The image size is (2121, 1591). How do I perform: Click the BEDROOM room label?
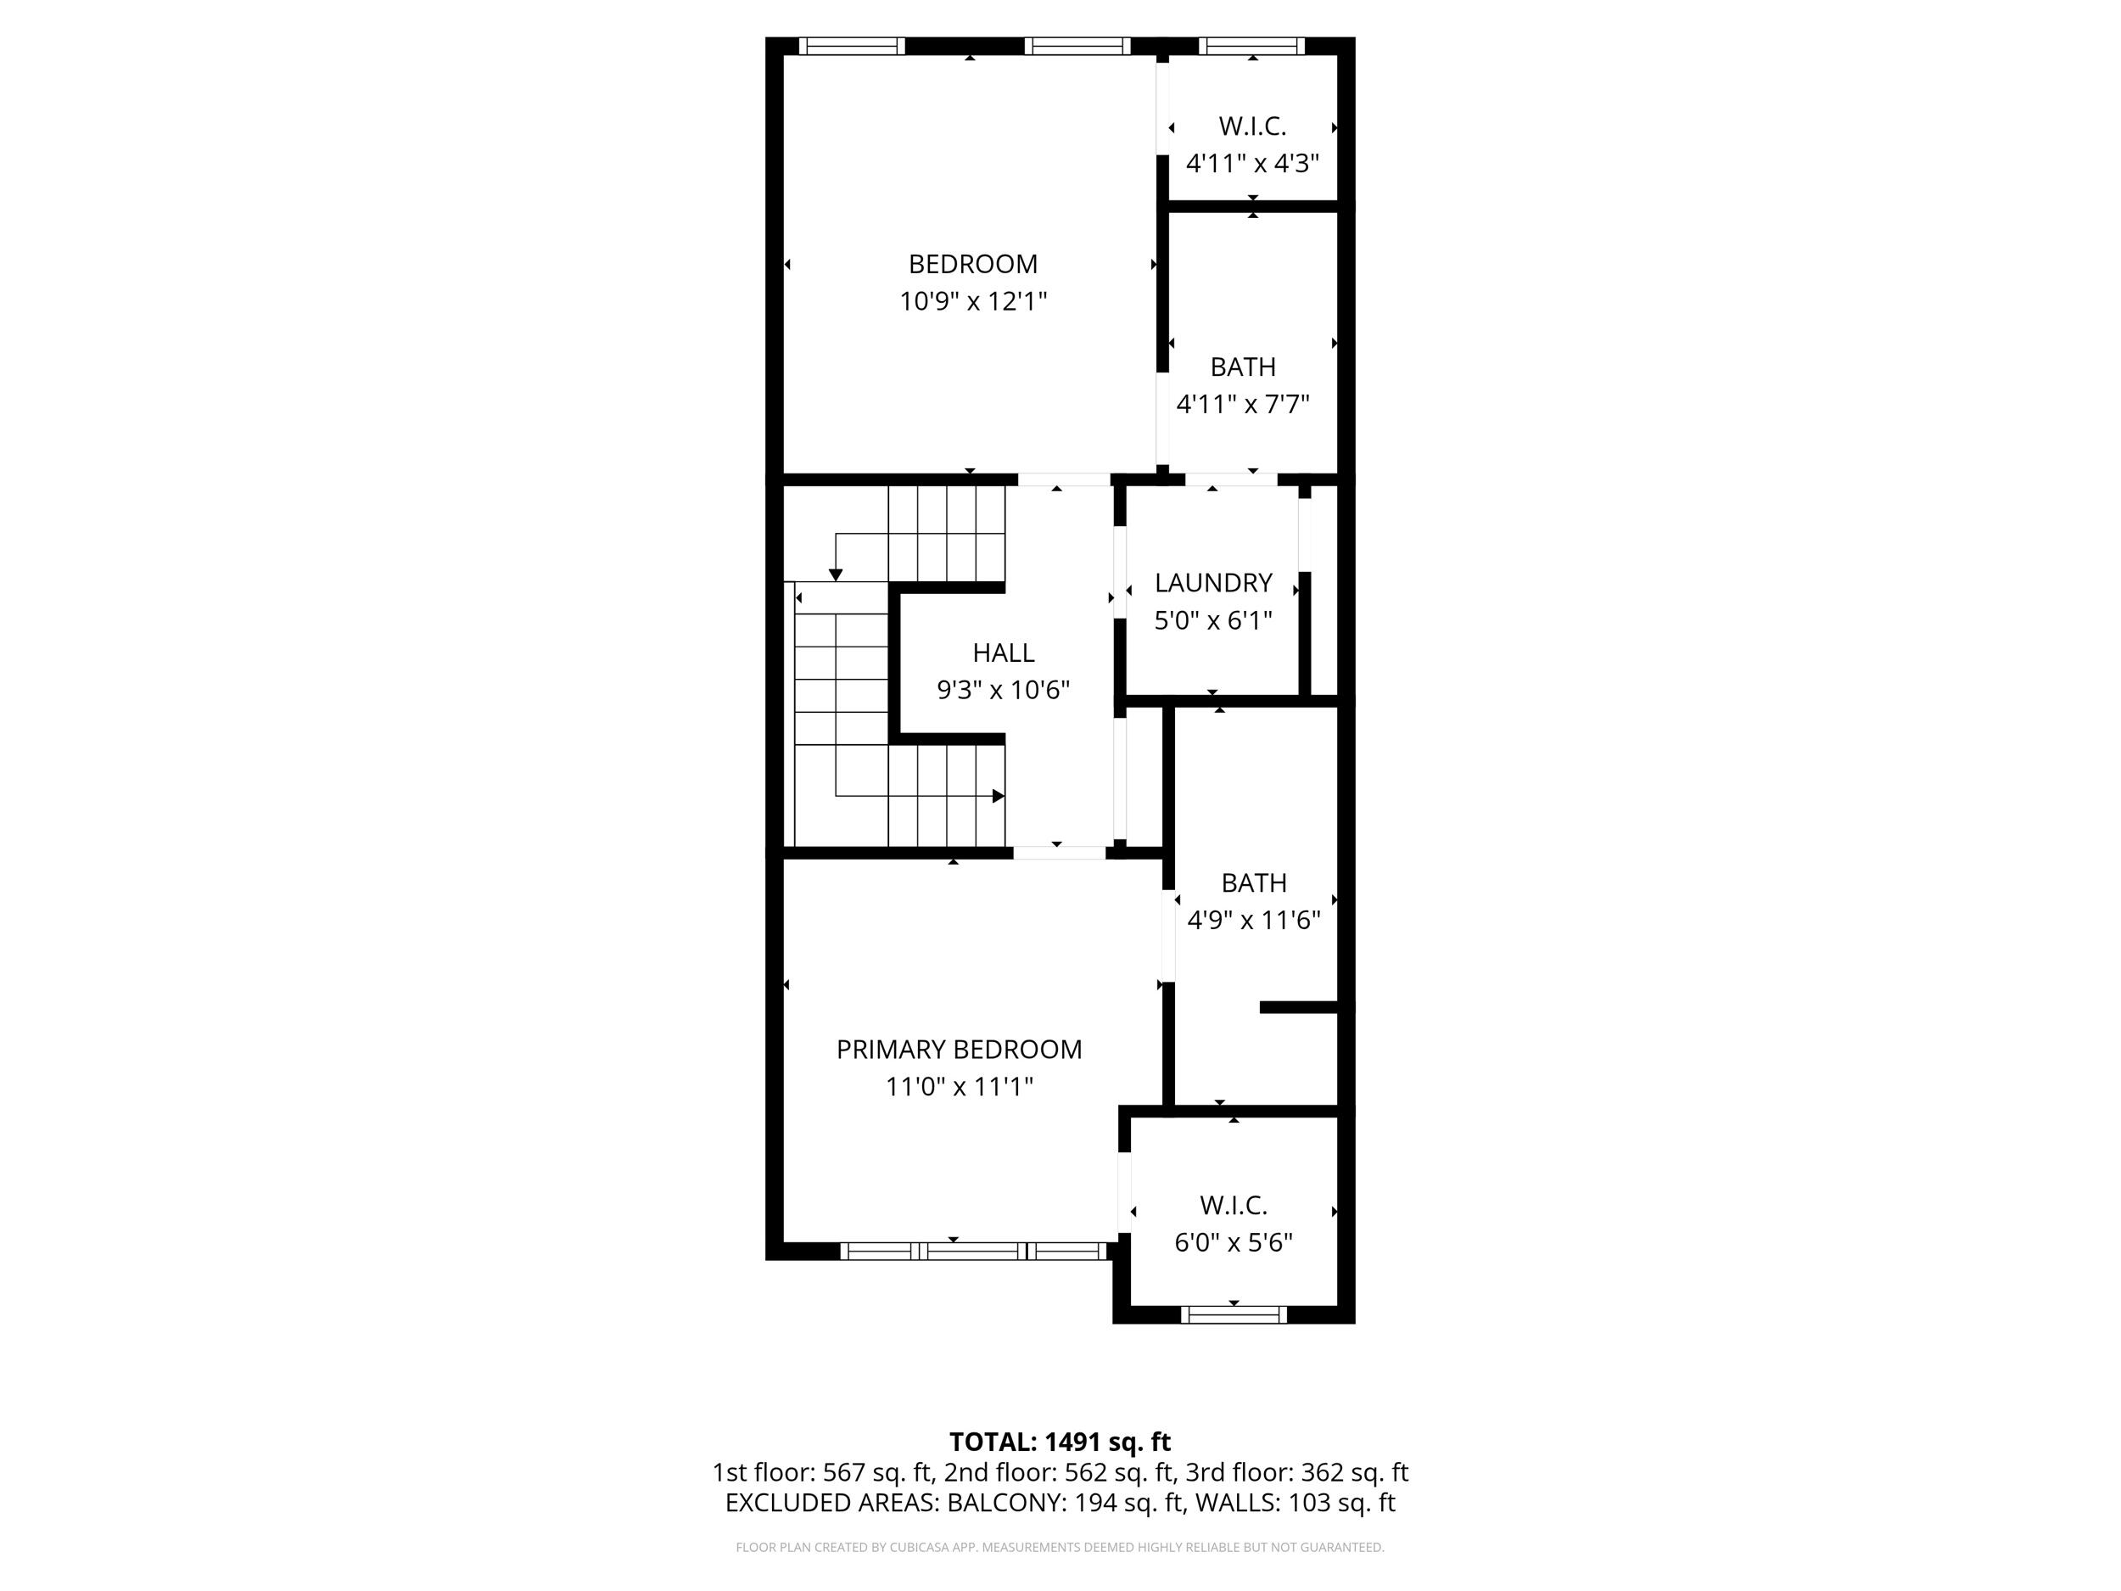click(x=972, y=264)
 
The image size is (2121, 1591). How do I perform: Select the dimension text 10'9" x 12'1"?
click(x=972, y=301)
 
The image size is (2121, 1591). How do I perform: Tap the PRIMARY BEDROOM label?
click(x=959, y=1049)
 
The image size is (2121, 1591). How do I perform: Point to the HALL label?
click(x=1003, y=653)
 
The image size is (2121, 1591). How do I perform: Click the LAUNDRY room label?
click(x=1213, y=583)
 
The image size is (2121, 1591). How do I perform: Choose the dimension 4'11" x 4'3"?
click(x=1252, y=163)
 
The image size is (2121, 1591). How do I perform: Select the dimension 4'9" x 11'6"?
click(x=1253, y=921)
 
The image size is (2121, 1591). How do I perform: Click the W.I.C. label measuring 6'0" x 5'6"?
click(x=1233, y=1206)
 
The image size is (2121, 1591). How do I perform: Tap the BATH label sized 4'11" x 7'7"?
click(x=1243, y=367)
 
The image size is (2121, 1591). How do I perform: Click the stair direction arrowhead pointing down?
click(x=835, y=574)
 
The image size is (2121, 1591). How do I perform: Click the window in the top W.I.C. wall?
click(x=1251, y=45)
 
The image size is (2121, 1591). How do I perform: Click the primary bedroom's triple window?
click(x=973, y=1251)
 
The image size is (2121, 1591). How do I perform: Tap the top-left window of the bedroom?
click(x=852, y=45)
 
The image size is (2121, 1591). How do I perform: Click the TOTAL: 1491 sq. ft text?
click(x=1060, y=1443)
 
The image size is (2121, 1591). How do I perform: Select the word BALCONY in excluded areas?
click(x=1005, y=1503)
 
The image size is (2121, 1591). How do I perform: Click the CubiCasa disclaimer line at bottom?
click(x=1060, y=1547)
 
